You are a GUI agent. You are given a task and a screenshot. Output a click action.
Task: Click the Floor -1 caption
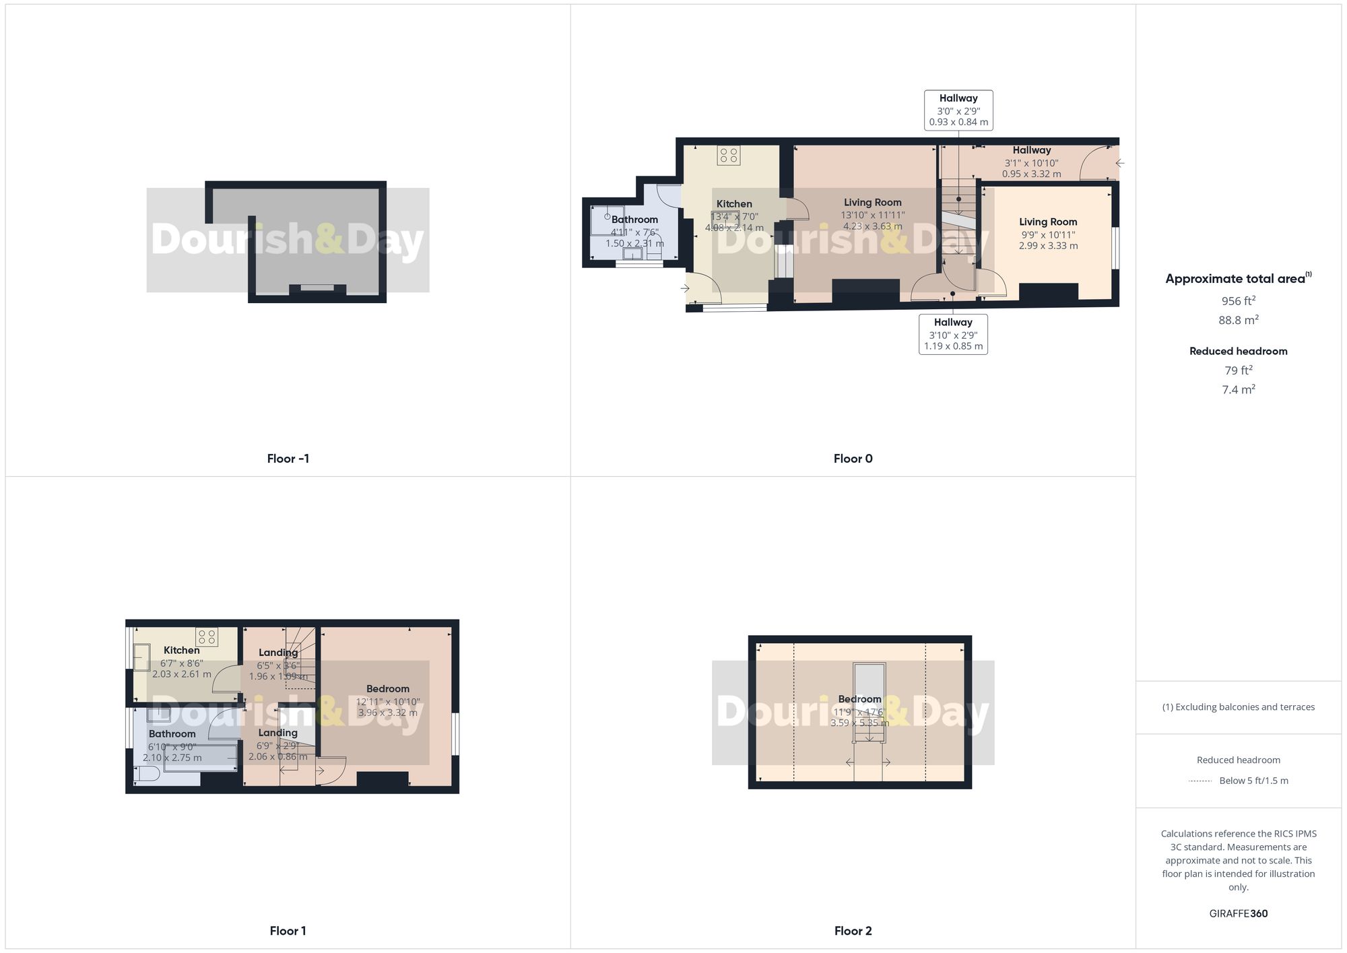point(288,459)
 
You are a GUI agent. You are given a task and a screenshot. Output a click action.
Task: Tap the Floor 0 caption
point(853,459)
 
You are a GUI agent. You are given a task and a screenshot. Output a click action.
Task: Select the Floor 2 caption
point(853,931)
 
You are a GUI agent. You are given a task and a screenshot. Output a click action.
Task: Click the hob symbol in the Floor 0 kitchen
point(729,156)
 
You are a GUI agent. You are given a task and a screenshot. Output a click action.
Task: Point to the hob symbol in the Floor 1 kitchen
point(207,637)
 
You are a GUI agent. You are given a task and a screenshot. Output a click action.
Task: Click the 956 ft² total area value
point(1238,301)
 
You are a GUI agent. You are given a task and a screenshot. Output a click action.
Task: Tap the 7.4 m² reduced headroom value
point(1238,389)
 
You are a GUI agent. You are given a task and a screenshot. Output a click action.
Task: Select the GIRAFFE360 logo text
point(1238,913)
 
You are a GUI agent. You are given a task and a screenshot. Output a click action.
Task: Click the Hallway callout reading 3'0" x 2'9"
point(958,110)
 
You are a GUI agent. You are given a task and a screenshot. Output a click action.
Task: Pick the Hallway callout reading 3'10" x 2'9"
point(953,334)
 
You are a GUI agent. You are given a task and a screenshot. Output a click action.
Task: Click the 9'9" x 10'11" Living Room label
point(1048,233)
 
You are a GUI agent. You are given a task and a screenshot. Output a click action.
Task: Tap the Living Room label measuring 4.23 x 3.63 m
point(872,214)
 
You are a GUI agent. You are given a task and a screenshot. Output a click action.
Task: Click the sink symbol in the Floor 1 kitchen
point(141,657)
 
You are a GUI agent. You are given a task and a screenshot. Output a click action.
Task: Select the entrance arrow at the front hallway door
point(1119,163)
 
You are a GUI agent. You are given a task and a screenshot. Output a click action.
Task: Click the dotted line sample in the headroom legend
point(1200,781)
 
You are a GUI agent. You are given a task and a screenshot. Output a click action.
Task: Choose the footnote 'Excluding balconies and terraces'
point(1238,707)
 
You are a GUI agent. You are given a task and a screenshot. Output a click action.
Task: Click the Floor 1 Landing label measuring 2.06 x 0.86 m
point(277,744)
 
